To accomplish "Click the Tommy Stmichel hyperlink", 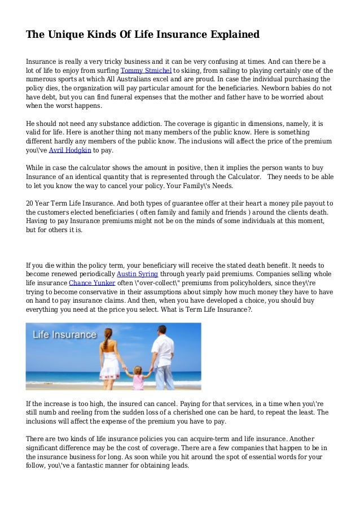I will coord(146,70).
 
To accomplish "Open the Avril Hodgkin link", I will coord(70,150).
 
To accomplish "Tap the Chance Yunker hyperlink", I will coord(92,282).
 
